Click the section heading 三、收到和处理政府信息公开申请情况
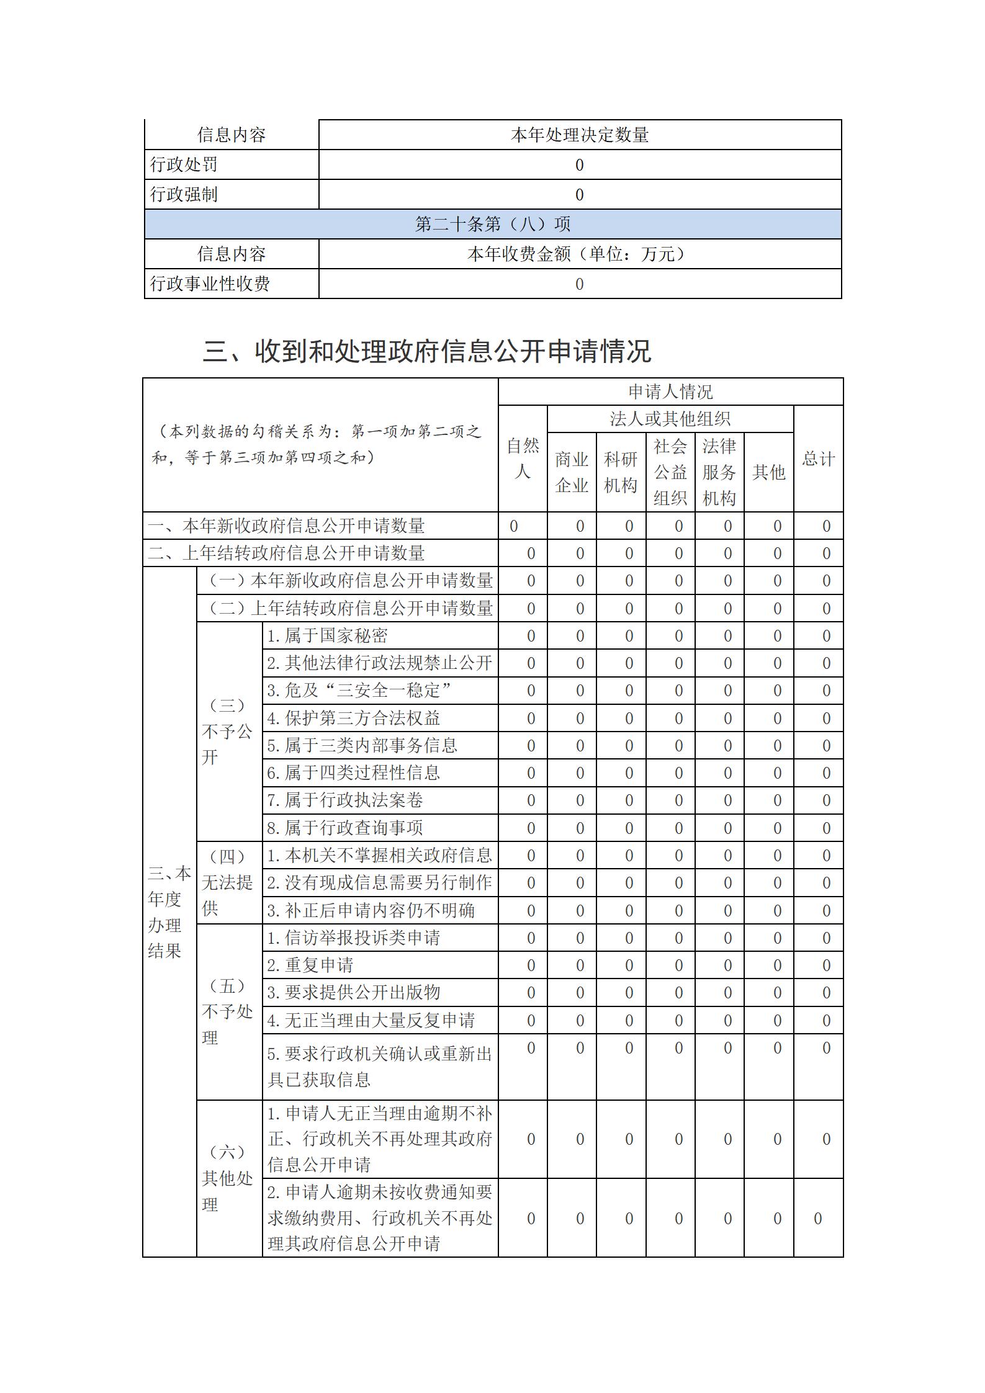click(427, 351)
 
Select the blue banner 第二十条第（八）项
click(492, 224)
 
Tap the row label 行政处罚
click(184, 164)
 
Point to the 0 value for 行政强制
click(579, 195)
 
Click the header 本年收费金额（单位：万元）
click(579, 254)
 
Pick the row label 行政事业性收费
click(210, 284)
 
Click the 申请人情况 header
click(670, 392)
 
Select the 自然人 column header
click(523, 459)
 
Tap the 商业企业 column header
click(572, 472)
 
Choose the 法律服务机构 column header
click(719, 472)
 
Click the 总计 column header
click(818, 459)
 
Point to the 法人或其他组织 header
click(670, 419)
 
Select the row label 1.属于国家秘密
click(327, 635)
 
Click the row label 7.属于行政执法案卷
click(345, 800)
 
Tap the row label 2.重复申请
click(310, 965)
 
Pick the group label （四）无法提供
click(228, 883)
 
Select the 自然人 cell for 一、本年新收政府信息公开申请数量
click(514, 526)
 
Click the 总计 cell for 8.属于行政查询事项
click(826, 828)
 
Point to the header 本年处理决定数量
click(579, 135)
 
